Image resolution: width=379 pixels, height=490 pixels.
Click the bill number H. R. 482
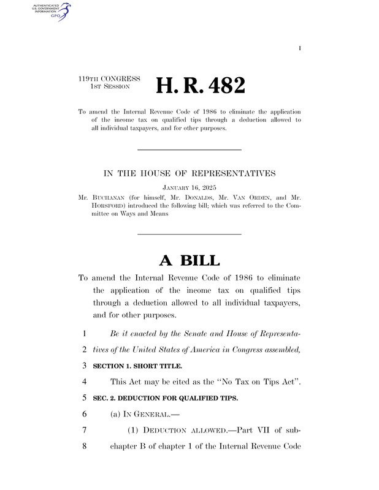tap(201, 85)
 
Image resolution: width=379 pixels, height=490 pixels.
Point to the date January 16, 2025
tap(189, 186)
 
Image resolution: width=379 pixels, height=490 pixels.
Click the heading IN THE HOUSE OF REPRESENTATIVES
tap(189, 173)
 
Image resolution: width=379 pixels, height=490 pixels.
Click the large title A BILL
tap(189, 260)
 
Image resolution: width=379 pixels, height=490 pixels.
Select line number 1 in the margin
tap(82, 333)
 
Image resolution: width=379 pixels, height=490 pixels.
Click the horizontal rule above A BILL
tap(189, 234)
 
